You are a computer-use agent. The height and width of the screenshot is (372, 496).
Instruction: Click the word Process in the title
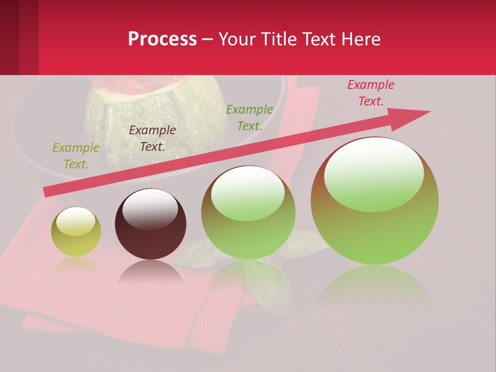click(162, 39)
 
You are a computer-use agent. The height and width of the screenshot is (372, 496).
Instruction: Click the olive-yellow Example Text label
click(76, 156)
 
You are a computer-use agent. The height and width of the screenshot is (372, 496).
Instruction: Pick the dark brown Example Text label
click(152, 138)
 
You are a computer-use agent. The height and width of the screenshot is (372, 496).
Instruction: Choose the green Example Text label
click(250, 117)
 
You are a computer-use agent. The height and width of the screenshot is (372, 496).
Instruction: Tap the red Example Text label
click(371, 93)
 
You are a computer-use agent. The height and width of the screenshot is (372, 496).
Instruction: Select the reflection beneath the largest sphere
click(375, 284)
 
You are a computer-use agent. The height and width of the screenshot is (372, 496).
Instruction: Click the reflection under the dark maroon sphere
click(150, 273)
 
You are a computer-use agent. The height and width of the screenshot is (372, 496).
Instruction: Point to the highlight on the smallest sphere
click(75, 221)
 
